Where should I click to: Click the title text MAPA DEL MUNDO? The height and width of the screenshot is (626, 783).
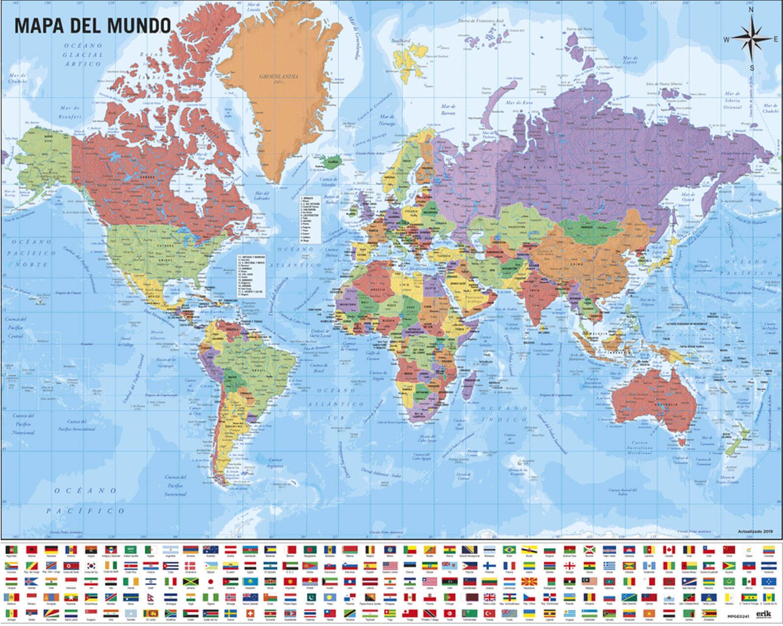[92, 25]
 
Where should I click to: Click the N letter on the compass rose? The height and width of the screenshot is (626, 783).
[751, 10]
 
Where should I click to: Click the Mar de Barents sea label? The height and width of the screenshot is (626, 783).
[448, 109]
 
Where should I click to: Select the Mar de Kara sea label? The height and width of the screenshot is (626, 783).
[519, 103]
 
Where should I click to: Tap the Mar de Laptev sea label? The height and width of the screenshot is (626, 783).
[630, 60]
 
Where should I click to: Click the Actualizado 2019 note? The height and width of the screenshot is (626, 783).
[755, 532]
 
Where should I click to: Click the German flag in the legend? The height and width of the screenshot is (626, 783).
[51, 550]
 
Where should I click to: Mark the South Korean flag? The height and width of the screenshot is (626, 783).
[91, 566]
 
